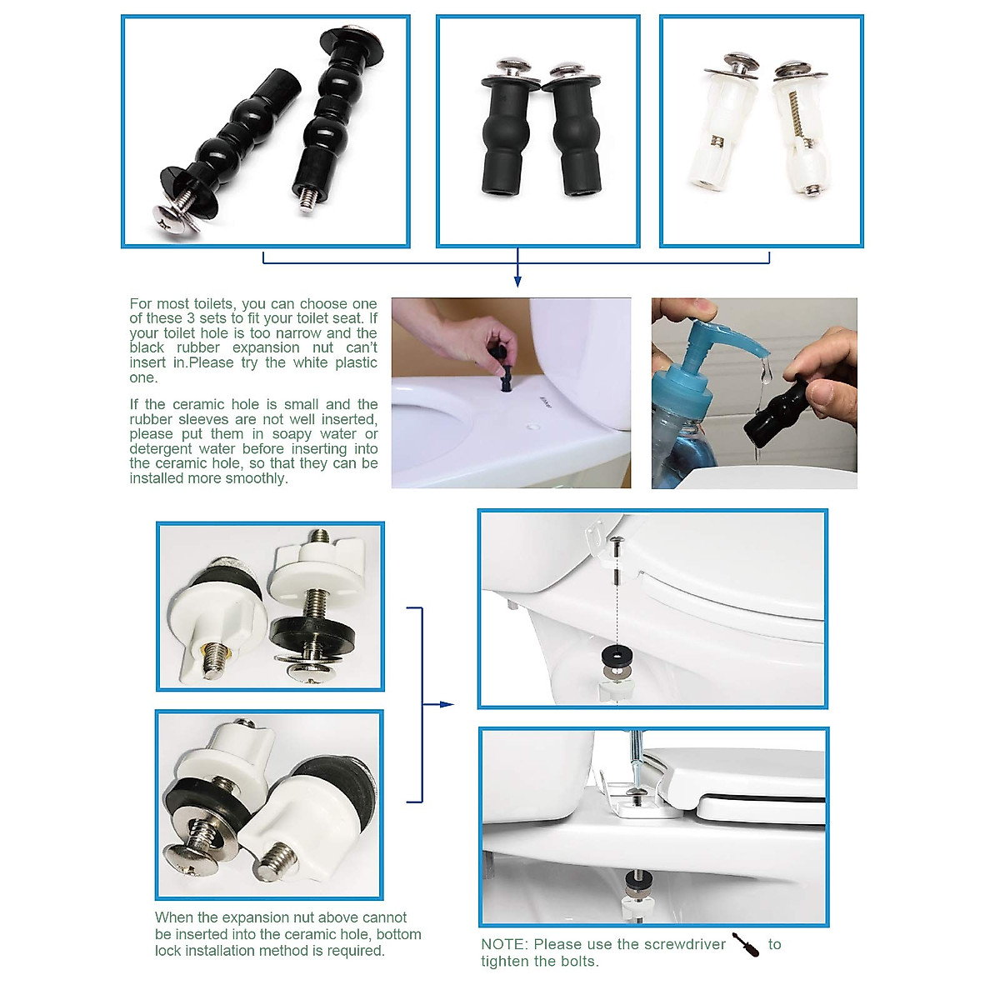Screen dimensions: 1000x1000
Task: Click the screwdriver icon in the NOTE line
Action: tap(745, 945)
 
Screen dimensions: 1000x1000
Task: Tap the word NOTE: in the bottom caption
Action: tap(504, 944)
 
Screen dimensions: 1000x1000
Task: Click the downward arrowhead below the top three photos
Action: tap(517, 282)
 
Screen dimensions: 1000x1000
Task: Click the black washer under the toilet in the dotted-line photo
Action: tap(616, 657)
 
